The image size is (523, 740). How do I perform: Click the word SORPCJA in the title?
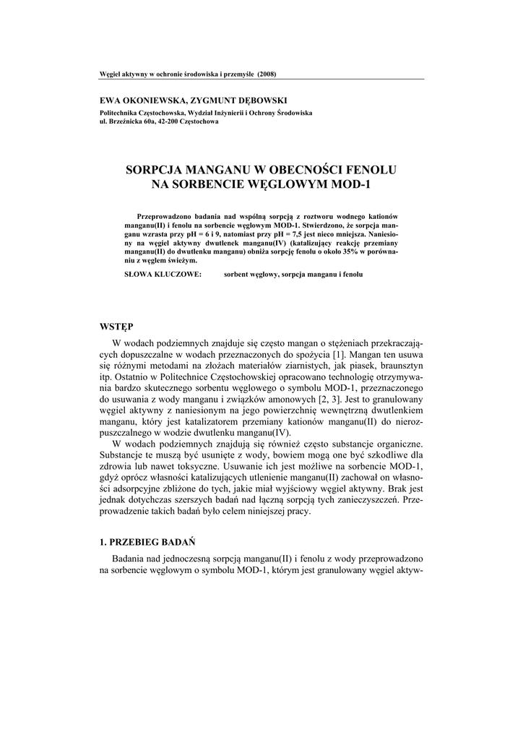[x=154, y=171]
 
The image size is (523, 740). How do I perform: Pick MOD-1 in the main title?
[x=348, y=185]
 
